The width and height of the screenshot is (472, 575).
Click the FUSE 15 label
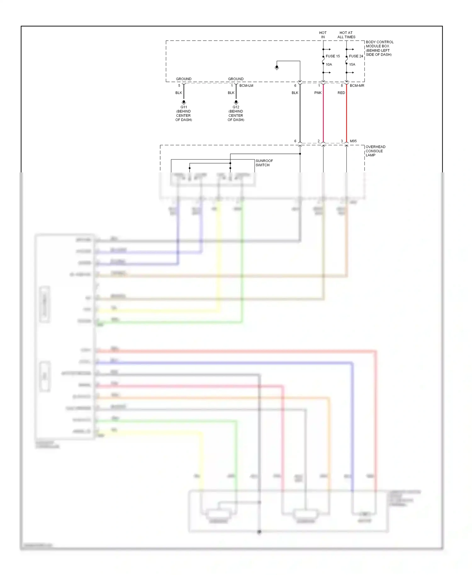[x=333, y=56]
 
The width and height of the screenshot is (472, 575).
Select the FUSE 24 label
[x=356, y=56]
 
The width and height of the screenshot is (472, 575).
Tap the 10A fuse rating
[x=329, y=64]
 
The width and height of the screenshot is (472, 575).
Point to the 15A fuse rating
[x=352, y=64]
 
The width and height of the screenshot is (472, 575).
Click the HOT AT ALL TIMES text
[x=346, y=35]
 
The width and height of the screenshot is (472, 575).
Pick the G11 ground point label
[x=184, y=107]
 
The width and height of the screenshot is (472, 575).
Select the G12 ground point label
[x=236, y=107]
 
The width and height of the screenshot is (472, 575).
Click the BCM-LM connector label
[x=246, y=86]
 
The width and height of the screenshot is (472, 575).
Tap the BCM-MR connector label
[x=357, y=86]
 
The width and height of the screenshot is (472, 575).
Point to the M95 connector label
[x=353, y=141]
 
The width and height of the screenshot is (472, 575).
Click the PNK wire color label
[x=318, y=93]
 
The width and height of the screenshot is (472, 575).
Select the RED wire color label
[x=341, y=93]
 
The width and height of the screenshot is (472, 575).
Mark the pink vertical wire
[x=323, y=116]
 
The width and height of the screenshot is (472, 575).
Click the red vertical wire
[x=346, y=116]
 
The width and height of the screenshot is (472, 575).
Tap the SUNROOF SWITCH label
[x=264, y=163]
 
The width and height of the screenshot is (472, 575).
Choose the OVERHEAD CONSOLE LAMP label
[x=375, y=151]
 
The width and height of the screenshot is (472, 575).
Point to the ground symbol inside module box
[x=277, y=68]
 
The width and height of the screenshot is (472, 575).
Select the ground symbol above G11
[x=184, y=102]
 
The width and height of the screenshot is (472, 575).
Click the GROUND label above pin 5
[x=183, y=79]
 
